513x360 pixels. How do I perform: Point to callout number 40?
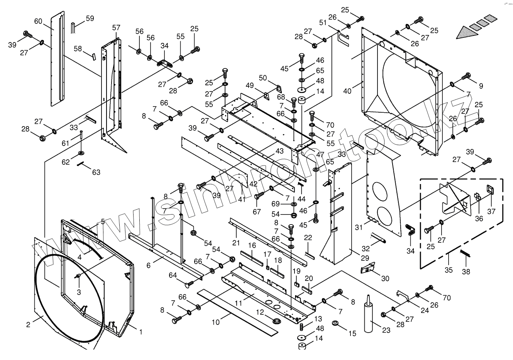click(347, 91)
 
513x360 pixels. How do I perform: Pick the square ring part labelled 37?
click(491, 189)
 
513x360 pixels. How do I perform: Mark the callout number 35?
click(448, 270)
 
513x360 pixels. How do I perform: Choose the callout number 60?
click(38, 21)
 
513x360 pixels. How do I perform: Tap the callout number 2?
click(28, 325)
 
